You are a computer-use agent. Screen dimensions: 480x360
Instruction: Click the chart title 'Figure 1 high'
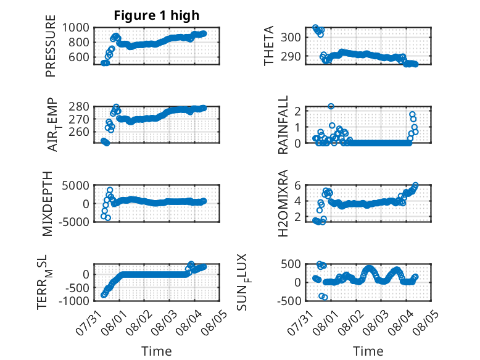point(157,15)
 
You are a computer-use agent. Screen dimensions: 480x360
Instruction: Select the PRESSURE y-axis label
point(51,46)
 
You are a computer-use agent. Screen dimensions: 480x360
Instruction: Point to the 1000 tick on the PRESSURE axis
point(76,28)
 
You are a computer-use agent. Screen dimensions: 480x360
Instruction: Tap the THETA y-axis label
point(268,46)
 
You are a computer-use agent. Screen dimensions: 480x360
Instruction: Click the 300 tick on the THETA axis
point(291,38)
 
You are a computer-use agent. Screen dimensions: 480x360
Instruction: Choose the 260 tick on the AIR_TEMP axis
point(79,132)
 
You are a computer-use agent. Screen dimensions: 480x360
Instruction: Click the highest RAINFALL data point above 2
point(331,106)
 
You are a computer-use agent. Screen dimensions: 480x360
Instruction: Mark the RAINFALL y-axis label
point(283,124)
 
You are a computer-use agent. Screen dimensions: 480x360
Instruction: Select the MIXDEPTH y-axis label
point(48,204)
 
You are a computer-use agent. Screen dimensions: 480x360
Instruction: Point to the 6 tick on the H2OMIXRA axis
point(297,185)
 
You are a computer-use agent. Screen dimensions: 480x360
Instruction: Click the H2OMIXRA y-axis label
point(283,203)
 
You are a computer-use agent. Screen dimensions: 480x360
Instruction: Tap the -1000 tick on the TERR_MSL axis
point(74,301)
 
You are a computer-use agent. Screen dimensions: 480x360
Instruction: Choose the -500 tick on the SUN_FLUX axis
point(289,301)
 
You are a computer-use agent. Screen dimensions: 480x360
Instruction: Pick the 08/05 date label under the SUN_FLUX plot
point(426,322)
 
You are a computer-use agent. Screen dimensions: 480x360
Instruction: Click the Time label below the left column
point(157,351)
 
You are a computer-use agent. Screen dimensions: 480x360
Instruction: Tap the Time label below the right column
point(368,351)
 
